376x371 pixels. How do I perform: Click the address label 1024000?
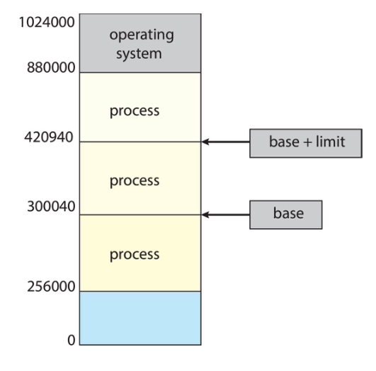(47, 23)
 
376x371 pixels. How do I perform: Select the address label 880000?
(51, 67)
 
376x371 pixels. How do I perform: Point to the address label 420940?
(49, 137)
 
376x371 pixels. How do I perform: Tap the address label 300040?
(51, 206)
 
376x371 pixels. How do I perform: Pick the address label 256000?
(51, 286)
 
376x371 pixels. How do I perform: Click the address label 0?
(72, 340)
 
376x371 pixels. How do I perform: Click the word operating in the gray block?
(142, 35)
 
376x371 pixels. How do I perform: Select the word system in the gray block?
(139, 55)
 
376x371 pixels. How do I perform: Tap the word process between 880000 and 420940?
(135, 111)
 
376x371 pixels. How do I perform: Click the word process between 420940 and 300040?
(135, 181)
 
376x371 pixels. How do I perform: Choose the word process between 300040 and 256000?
(135, 255)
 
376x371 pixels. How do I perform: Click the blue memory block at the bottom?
(140, 318)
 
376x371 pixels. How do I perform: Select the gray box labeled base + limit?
(306, 143)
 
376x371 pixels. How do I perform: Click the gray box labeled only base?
(286, 215)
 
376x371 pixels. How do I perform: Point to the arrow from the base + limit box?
(226, 142)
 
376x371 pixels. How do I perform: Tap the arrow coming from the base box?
(226, 215)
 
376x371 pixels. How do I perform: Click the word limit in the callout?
(330, 142)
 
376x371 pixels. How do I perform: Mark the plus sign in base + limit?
(307, 142)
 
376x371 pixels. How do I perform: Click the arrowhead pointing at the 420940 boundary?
(205, 142)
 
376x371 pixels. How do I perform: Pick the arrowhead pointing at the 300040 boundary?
(205, 215)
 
